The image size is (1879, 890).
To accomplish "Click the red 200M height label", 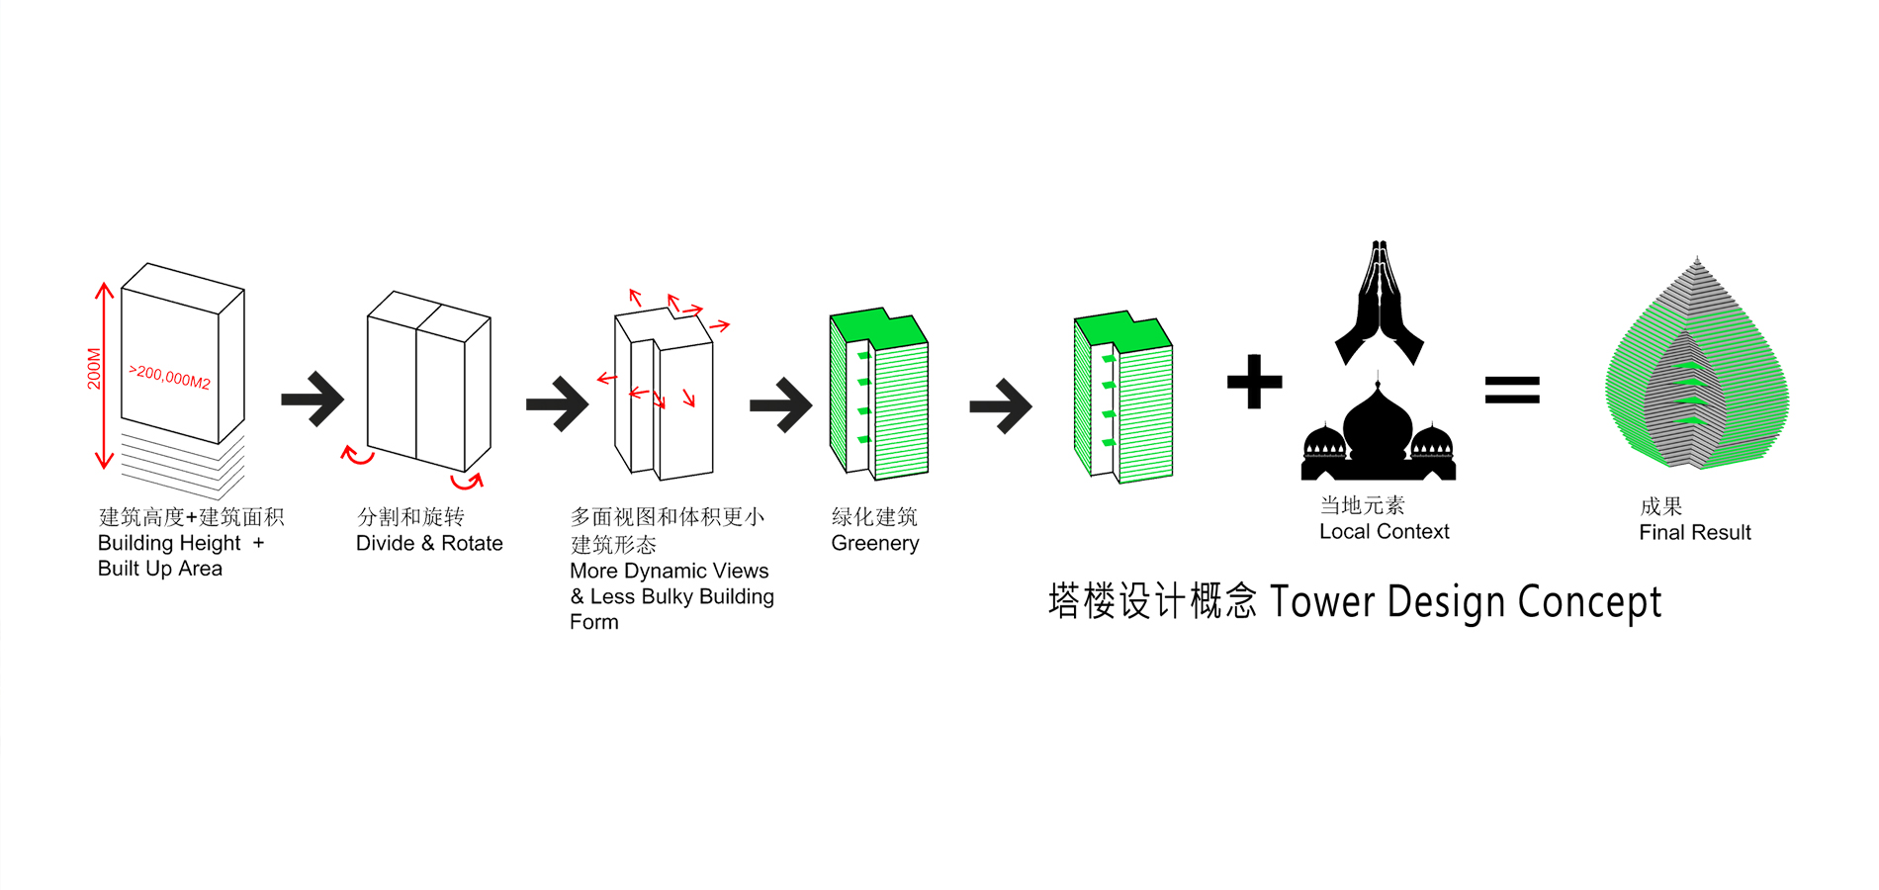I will click(x=94, y=368).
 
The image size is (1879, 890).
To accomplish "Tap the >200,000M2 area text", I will click(x=169, y=376).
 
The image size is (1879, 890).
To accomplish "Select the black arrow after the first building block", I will click(x=313, y=400).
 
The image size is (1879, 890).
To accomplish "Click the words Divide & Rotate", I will click(x=429, y=544).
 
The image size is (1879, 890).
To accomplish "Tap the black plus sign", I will click(x=1254, y=382).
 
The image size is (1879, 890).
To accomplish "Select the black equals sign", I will click(x=1512, y=390).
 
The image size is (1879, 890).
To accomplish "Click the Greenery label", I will click(x=875, y=544).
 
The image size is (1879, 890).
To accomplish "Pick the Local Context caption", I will click(x=1384, y=532).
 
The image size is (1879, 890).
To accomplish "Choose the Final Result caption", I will click(x=1694, y=533).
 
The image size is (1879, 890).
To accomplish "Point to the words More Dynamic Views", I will click(x=669, y=572).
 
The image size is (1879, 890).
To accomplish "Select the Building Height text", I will click(x=169, y=544).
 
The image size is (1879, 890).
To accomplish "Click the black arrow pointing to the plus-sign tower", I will click(x=1001, y=405).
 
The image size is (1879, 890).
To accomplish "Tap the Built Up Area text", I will click(x=160, y=569).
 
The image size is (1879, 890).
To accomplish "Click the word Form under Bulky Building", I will click(x=593, y=623).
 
